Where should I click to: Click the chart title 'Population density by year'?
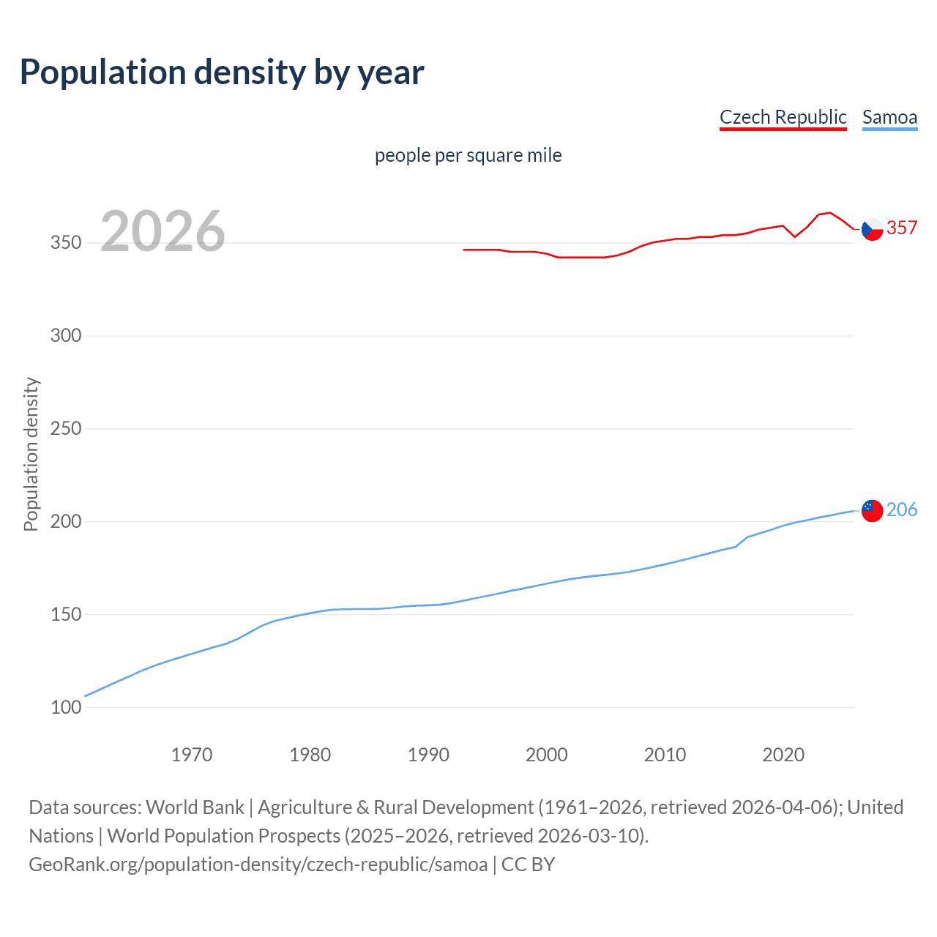tap(222, 72)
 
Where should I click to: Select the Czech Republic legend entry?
tap(783, 117)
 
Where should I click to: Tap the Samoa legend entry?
tap(889, 117)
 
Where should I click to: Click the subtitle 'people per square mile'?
tap(468, 155)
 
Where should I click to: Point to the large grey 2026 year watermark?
tap(163, 231)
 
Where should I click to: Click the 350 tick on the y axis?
tap(66, 242)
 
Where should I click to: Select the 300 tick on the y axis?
tap(66, 335)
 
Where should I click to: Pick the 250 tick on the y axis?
tap(66, 428)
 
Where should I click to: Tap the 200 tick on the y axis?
tap(66, 521)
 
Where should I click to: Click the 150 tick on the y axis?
tap(66, 614)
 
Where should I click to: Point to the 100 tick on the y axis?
tap(66, 707)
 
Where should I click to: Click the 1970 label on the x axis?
tap(192, 755)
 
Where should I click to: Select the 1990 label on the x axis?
tap(428, 755)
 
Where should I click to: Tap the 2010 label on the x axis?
tap(665, 755)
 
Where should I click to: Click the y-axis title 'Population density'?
tap(31, 454)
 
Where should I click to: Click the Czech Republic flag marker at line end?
tap(872, 229)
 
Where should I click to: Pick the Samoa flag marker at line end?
tap(872, 510)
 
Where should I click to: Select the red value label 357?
tap(902, 228)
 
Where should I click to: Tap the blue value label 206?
tap(902, 509)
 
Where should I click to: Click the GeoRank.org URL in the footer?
tap(258, 865)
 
